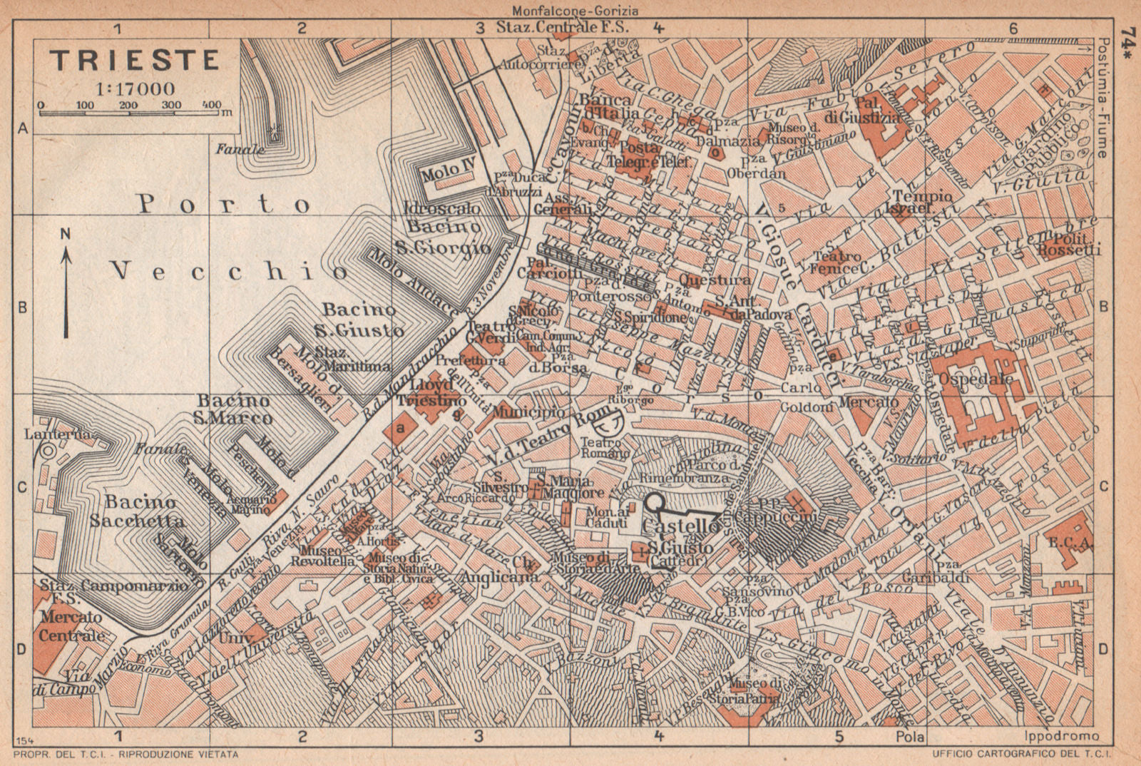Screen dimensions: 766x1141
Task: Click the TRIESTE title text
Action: (135, 60)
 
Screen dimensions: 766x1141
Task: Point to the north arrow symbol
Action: (66, 292)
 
